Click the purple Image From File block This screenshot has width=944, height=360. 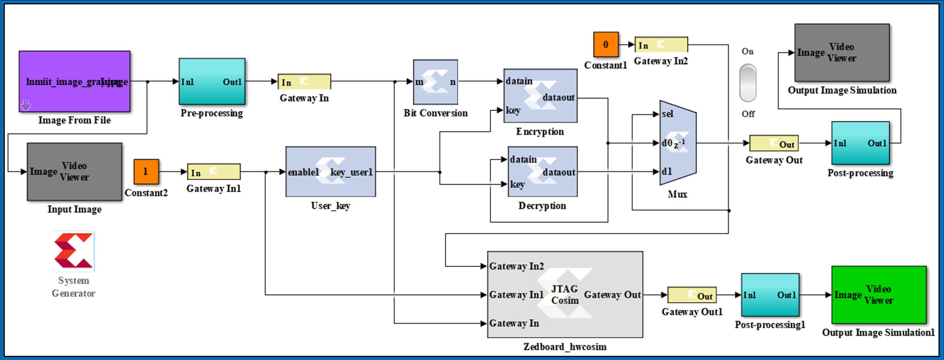pyautogui.click(x=74, y=81)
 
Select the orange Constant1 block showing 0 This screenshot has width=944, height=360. pyautogui.click(x=606, y=44)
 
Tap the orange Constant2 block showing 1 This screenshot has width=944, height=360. pyautogui.click(x=146, y=172)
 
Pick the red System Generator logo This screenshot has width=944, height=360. pyautogui.click(x=74, y=251)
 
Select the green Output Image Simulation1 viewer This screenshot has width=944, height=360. pyautogui.click(x=878, y=294)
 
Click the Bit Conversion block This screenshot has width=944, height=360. pyautogui.click(x=435, y=82)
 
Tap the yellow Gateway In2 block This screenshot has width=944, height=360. pyautogui.click(x=661, y=45)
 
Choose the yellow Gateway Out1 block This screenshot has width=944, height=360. pyautogui.click(x=692, y=295)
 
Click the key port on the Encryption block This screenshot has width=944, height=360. pyautogui.click(x=513, y=110)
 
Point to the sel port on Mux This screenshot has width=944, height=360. pyautogui.click(x=667, y=114)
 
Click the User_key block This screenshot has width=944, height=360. pyautogui.click(x=330, y=172)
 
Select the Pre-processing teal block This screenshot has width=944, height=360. pyautogui.click(x=212, y=82)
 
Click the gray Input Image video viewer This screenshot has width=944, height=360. pyautogui.click(x=74, y=172)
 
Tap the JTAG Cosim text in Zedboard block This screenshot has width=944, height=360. pyautogui.click(x=565, y=294)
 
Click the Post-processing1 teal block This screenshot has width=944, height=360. pyautogui.click(x=770, y=295)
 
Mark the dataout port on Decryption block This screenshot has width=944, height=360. pyautogui.click(x=559, y=172)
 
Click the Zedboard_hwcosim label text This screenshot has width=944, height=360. pyautogui.click(x=565, y=347)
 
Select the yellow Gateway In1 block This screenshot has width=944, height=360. pyautogui.click(x=214, y=172)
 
